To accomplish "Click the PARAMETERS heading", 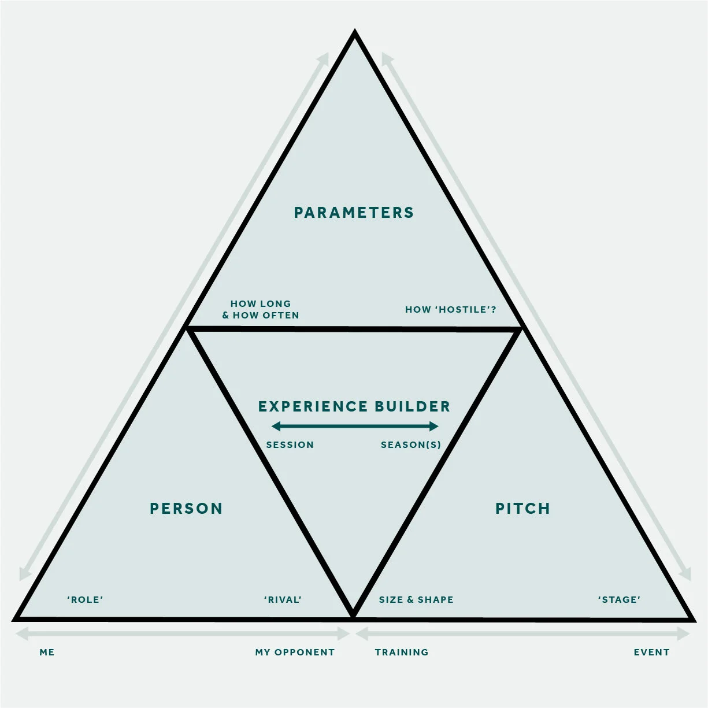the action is [354, 213].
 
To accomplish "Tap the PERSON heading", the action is [186, 509].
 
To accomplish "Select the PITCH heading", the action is [522, 509].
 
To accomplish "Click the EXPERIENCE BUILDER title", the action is [354, 407].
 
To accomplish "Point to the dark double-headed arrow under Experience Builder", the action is [354, 427].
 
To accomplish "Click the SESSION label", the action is [290, 445].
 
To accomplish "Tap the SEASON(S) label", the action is [410, 445].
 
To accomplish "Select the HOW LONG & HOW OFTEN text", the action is [261, 310].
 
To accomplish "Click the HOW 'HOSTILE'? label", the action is [450, 310].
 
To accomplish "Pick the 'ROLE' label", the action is [85, 600].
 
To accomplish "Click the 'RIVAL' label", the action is [283, 600].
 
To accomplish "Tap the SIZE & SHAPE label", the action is [416, 600].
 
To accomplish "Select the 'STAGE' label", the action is [619, 600].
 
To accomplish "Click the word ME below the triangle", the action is [47, 653].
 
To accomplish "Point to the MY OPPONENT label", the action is [295, 653].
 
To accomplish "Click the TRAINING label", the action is [402, 653].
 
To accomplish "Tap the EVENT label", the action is [651, 653].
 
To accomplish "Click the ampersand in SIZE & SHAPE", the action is [410, 600].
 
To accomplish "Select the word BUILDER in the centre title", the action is [412, 407].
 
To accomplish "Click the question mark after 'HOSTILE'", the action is [494, 310].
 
